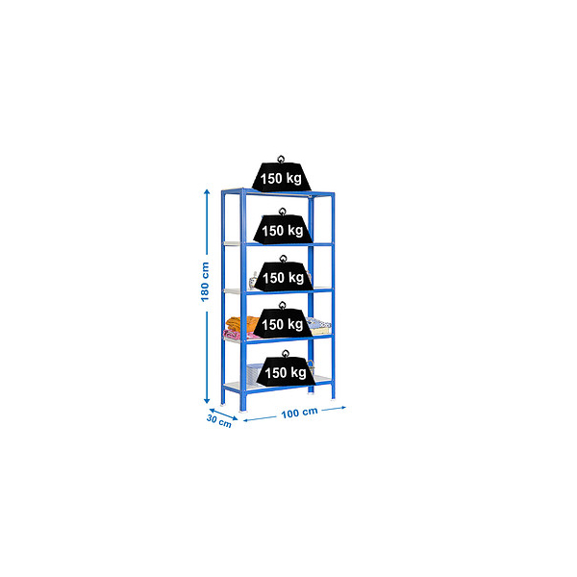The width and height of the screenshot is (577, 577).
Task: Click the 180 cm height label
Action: point(205,282)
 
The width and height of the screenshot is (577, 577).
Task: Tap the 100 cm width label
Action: point(299,413)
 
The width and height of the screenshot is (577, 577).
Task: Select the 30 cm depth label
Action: point(219,421)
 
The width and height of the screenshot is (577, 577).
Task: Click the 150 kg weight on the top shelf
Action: point(281,174)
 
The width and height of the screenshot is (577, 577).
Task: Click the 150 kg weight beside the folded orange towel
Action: point(283,320)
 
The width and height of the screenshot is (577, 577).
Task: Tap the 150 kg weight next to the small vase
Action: point(283,273)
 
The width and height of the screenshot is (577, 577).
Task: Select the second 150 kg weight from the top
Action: point(283,226)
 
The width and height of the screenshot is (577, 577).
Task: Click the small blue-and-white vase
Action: point(253,281)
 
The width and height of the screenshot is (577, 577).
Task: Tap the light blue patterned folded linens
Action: point(318,326)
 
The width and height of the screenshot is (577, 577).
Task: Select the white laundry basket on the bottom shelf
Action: point(255,373)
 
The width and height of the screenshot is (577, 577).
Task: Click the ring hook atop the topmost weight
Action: point(281,159)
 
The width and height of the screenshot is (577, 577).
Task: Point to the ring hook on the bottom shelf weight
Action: point(286,354)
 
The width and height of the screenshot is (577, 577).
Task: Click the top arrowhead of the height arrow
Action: point(207,191)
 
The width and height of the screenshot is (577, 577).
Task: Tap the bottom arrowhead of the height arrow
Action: point(207,401)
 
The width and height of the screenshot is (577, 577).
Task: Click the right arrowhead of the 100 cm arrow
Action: point(343,408)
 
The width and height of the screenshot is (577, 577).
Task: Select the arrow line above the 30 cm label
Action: point(223,414)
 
